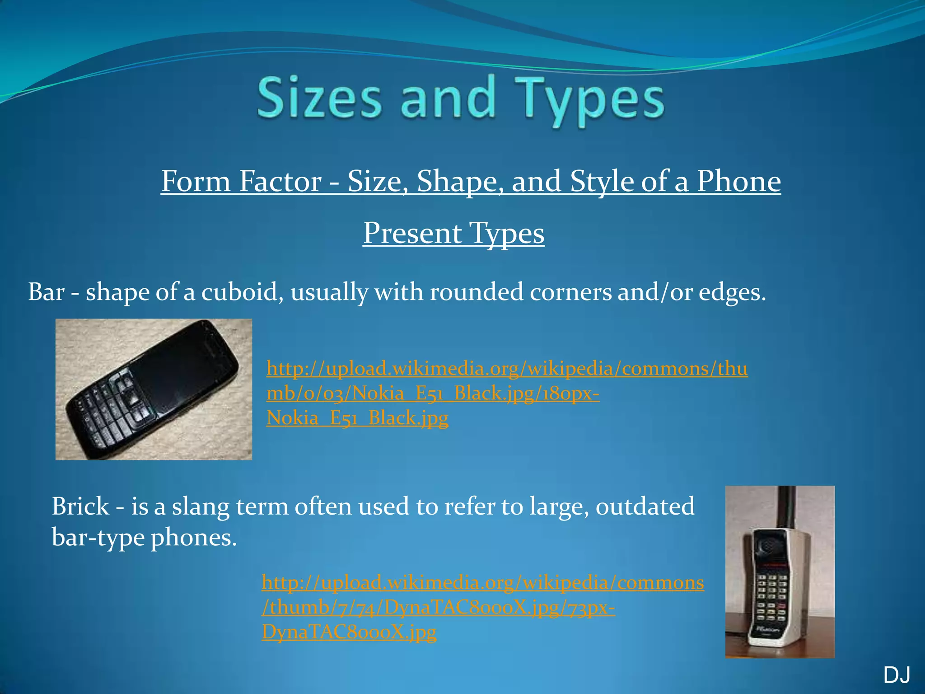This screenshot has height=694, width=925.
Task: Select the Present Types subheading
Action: coord(453,233)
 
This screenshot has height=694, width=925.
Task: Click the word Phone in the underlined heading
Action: coord(738,181)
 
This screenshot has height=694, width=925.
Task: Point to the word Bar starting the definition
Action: coord(46,292)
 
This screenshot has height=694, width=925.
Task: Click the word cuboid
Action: coord(242,292)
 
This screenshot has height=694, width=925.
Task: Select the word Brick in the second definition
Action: coord(80,506)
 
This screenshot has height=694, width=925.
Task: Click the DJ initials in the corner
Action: coord(897,675)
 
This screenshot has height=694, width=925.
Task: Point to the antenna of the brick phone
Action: coord(786,506)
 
